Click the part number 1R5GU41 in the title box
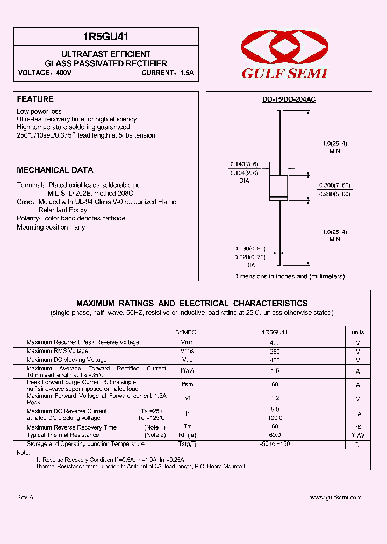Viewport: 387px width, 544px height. pos(106,37)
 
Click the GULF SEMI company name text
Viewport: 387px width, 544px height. pos(284,74)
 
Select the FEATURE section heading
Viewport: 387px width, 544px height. pos(35,99)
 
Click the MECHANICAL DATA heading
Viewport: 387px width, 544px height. pos(55,170)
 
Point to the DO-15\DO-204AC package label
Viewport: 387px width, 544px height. pos(289,99)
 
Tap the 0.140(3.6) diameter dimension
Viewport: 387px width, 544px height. pos(244,164)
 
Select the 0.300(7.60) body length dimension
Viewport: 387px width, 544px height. pos(334,185)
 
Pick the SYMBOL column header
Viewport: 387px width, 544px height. pos(187,333)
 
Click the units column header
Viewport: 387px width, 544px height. pos(357,333)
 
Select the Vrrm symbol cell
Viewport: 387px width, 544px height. pos(187,342)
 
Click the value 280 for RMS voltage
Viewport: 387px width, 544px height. pos(275,352)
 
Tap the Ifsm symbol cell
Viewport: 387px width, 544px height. pos(187,385)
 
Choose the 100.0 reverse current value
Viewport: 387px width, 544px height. pos(275,418)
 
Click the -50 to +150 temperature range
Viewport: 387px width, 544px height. pos(275,444)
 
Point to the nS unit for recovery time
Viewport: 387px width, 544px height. pos(357,427)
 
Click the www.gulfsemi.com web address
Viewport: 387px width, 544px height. pos(335,498)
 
